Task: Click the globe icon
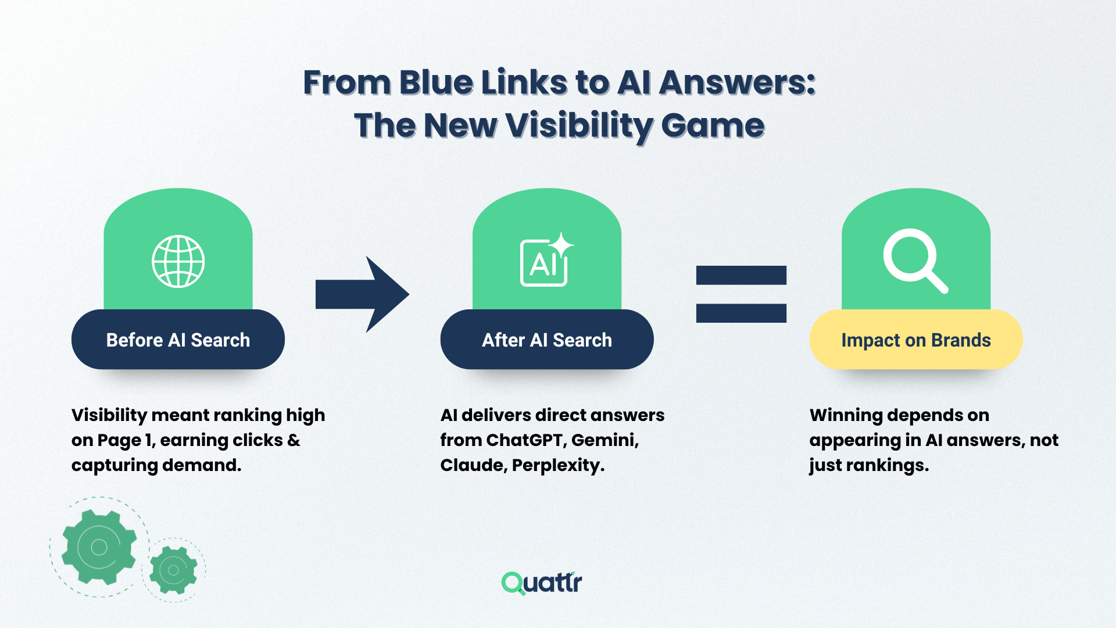(x=178, y=262)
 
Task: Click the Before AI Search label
(x=178, y=340)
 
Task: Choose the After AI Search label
(x=546, y=340)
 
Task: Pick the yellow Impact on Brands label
(x=915, y=340)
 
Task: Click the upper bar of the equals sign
(x=741, y=275)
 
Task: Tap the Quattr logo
(x=542, y=583)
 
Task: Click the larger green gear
(x=99, y=547)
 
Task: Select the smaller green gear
(x=173, y=570)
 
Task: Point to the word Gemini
(x=604, y=440)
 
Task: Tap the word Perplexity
(x=558, y=465)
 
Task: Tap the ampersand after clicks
(x=294, y=440)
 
